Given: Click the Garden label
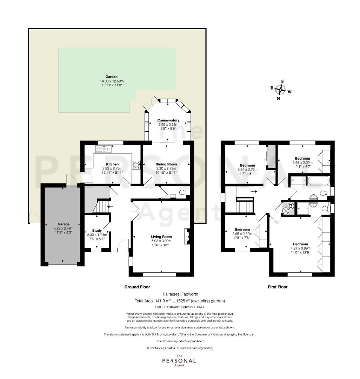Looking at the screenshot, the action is coord(111,77).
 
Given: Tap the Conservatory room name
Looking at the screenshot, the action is coord(168,120).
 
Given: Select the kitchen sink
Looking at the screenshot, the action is coord(104,149).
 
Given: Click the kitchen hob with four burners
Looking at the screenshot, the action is coord(136,165).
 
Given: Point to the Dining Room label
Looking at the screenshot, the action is coord(166,164).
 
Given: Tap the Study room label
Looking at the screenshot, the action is coord(97,231).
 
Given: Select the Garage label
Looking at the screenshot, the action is coord(64,224).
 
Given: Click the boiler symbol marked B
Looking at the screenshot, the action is coord(291,206).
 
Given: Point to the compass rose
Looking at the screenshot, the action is coord(281,90).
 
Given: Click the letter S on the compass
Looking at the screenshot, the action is coord(282,81).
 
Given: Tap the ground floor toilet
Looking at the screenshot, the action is coord(183,192).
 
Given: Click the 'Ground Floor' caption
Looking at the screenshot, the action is coord(137,287).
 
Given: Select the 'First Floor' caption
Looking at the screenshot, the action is coord(278,287).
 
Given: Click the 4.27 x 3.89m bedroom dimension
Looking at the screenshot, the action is coord(301,248).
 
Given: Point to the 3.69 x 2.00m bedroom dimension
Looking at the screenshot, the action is coord(302,163).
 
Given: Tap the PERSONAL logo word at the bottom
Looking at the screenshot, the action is coord(179,361).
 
